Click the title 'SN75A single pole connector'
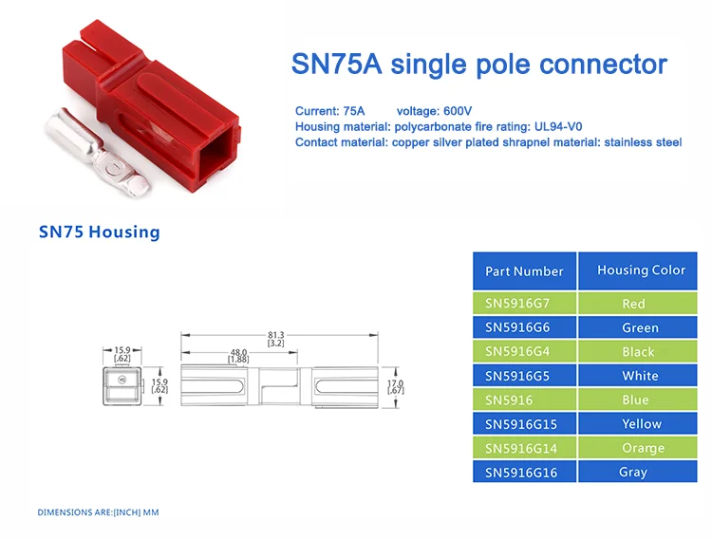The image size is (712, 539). (x=478, y=65)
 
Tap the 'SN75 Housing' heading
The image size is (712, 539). (x=100, y=232)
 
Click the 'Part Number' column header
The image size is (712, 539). (x=524, y=270)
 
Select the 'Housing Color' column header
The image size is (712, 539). (x=641, y=270)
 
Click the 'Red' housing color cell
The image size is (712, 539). (x=633, y=304)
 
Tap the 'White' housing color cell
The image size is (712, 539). (x=640, y=376)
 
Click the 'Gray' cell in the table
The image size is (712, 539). (x=633, y=472)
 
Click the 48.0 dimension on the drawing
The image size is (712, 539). (x=238, y=356)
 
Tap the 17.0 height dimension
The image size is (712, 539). (x=397, y=386)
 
